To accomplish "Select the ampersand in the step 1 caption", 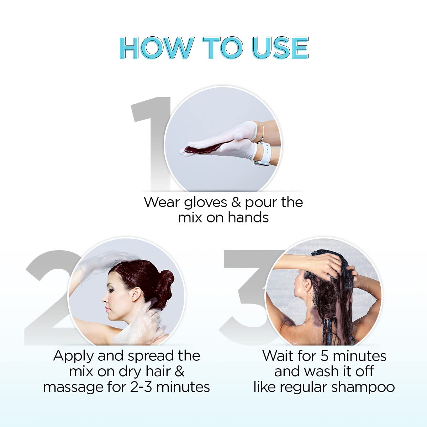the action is pos(236,202).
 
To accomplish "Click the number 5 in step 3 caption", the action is pos(324,356).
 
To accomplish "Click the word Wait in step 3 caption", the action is pos(278,356).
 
